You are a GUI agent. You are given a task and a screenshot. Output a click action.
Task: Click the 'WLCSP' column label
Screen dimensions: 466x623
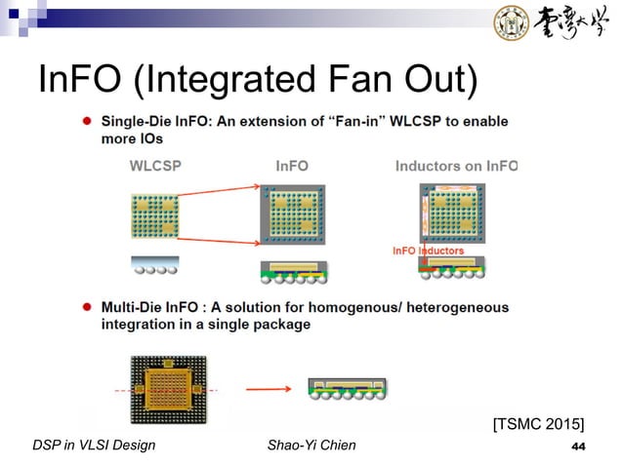(x=155, y=166)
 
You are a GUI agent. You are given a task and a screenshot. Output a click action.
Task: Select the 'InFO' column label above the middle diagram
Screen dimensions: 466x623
(x=291, y=166)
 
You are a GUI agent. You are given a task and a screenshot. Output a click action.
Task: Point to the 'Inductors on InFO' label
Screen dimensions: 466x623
(x=455, y=166)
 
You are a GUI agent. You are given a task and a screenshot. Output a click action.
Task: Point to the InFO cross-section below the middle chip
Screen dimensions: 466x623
(x=292, y=271)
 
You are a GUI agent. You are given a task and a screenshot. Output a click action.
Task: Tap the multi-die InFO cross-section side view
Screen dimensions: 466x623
(x=348, y=389)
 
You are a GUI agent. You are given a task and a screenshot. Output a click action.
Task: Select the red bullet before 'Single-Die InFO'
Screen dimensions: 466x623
(x=87, y=122)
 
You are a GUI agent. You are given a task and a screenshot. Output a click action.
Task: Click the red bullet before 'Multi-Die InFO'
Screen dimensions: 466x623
(x=87, y=307)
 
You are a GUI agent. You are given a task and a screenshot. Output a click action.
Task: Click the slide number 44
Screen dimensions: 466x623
(x=577, y=447)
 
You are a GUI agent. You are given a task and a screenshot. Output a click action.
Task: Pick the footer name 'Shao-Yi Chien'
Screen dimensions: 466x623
(x=311, y=447)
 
